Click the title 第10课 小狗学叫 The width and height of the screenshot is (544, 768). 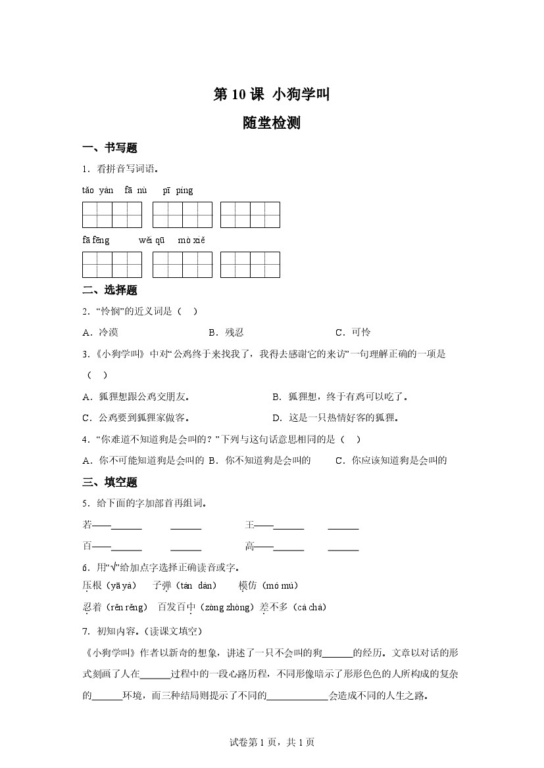(x=272, y=95)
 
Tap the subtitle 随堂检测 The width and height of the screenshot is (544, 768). (x=272, y=123)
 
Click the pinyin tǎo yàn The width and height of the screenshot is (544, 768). (x=97, y=191)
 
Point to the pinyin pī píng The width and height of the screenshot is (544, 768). (x=178, y=191)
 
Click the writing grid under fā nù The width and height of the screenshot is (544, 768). (x=182, y=215)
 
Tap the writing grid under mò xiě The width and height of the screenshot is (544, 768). (x=250, y=265)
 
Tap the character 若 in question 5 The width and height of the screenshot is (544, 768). (x=87, y=525)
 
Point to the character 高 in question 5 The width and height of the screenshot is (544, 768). (x=250, y=546)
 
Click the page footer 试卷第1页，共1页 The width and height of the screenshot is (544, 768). (x=272, y=742)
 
